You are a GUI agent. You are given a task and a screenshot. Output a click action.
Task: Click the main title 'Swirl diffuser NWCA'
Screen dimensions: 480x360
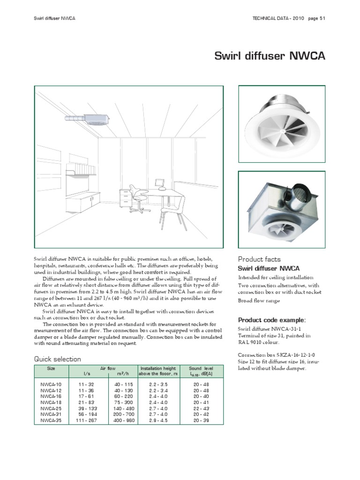[270, 56]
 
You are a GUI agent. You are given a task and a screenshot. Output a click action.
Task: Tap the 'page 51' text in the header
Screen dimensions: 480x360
[317, 18]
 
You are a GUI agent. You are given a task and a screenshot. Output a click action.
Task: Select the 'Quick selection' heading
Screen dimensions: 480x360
[57, 359]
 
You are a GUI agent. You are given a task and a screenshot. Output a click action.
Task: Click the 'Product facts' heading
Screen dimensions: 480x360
[259, 259]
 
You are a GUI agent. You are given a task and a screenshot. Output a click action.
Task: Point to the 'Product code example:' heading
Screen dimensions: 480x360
[272, 320]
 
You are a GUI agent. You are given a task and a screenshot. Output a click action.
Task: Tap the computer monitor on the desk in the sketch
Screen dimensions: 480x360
[159, 182]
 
